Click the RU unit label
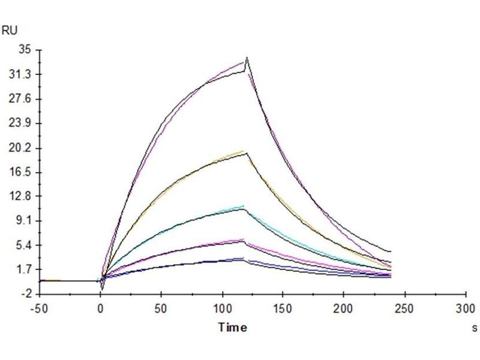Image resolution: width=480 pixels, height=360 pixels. tap(10, 31)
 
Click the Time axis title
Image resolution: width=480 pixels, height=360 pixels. tap(232, 327)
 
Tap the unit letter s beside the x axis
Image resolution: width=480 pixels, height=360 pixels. tap(475, 328)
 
